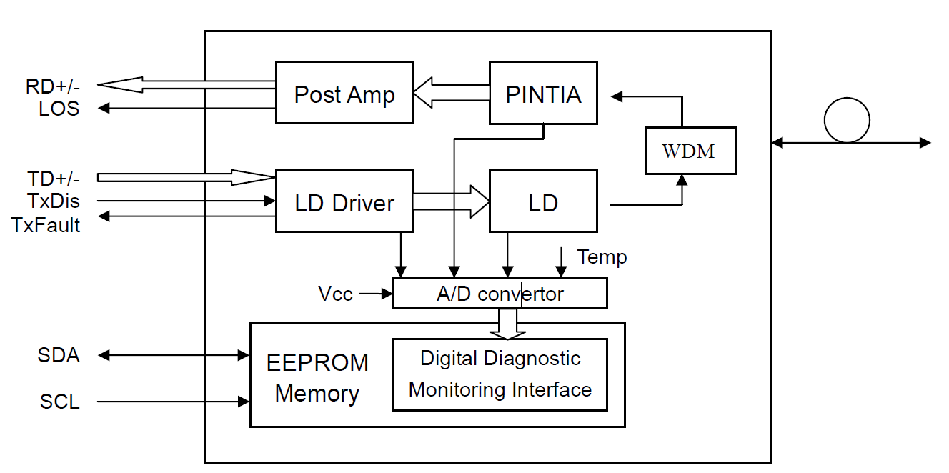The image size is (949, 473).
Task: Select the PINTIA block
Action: (543, 93)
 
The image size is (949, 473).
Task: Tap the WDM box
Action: (690, 151)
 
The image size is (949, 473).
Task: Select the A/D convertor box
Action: (500, 293)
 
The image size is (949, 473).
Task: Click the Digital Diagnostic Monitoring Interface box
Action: (500, 374)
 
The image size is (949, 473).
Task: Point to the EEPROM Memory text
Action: (317, 377)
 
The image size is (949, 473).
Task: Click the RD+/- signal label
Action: (53, 86)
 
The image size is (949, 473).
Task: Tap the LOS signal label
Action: (59, 109)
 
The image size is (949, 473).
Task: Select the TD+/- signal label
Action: (54, 178)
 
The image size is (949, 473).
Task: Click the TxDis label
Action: (54, 201)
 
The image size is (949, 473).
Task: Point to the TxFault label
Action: (46, 224)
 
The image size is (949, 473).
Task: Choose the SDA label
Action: (59, 354)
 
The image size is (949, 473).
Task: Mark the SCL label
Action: (60, 402)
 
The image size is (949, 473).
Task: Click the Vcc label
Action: (335, 294)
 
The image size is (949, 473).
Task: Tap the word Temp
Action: (602, 257)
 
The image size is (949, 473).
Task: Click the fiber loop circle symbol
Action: (847, 120)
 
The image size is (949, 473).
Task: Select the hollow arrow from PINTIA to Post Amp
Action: (450, 94)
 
